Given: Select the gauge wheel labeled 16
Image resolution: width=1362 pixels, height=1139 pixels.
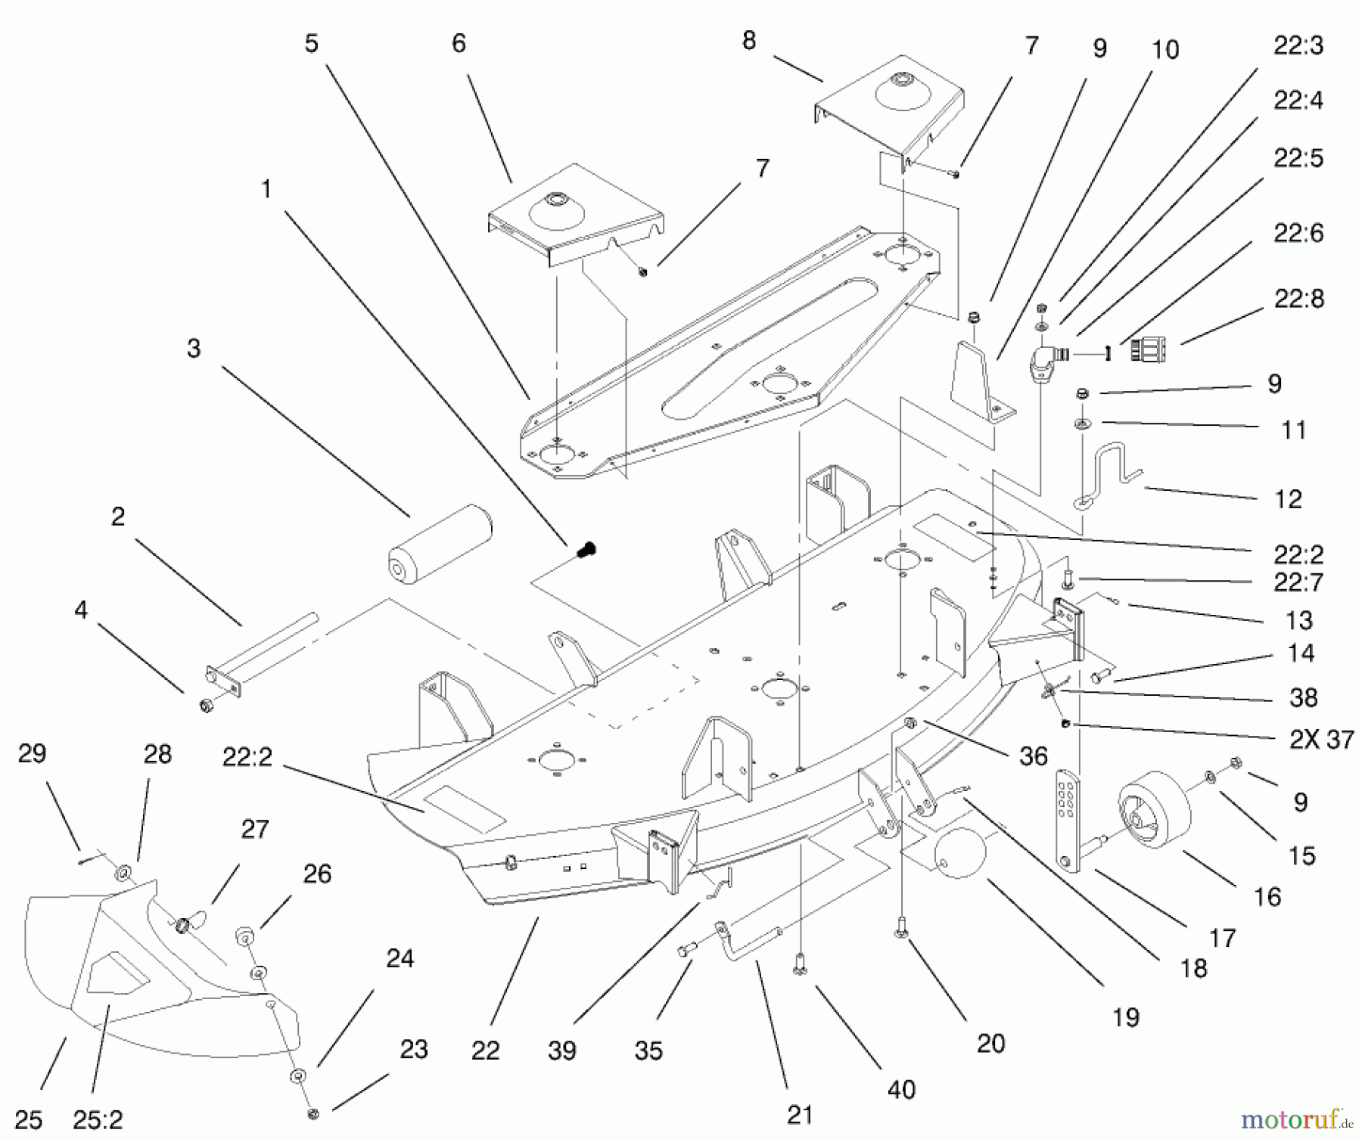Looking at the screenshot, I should [x=1153, y=809].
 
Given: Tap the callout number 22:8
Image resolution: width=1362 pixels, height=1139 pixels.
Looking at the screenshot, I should [x=1298, y=298].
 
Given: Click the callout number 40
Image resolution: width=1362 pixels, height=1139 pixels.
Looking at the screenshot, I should [x=901, y=1089].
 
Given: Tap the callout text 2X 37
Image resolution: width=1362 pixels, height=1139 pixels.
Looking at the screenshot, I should [x=1321, y=739].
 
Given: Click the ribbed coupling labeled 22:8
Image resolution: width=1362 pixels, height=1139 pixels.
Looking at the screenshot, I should [x=1149, y=350].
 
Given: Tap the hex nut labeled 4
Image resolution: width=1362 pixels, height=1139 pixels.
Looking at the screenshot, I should [x=204, y=706].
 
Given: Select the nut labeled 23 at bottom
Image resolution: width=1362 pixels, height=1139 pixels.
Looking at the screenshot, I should [x=313, y=1113].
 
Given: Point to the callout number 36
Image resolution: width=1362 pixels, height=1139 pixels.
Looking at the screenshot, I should [x=1033, y=756].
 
